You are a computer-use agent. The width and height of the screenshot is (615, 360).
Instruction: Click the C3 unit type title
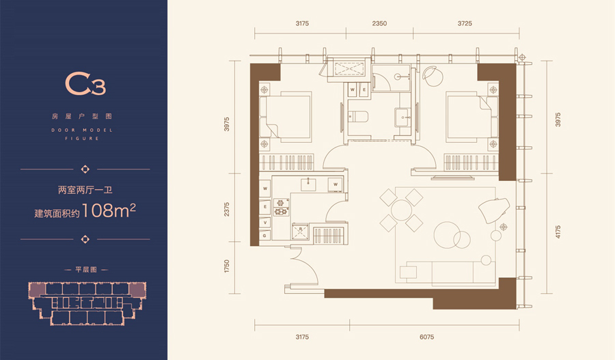coord(85,83)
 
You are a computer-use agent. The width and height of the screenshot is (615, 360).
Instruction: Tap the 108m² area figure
coord(109,210)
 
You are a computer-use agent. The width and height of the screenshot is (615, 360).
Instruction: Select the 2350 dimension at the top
coord(379,23)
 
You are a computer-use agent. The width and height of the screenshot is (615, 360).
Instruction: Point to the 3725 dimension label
coord(465,23)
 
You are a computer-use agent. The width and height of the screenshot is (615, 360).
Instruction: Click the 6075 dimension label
coord(426,337)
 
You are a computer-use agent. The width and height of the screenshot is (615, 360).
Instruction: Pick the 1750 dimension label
coord(226,266)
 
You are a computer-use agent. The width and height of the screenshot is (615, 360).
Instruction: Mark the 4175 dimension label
coord(558,232)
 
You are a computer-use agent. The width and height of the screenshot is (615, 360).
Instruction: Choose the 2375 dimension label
coord(226,210)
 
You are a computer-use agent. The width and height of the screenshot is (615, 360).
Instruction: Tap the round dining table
coord(401,210)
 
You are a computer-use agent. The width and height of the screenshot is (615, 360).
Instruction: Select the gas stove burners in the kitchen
coord(281,208)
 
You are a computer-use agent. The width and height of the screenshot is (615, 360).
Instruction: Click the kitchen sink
coord(309,184)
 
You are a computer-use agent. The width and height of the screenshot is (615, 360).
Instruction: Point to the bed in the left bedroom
coord(286,116)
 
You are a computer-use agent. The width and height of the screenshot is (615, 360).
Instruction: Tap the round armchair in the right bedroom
coord(432,75)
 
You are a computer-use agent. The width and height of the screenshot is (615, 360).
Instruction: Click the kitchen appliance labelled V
coord(265,223)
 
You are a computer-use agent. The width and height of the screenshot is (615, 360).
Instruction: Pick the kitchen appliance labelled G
coord(265,236)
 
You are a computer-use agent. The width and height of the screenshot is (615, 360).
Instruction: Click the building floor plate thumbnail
coord(87,303)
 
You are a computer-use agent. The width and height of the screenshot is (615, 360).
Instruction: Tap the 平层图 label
coord(86,270)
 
